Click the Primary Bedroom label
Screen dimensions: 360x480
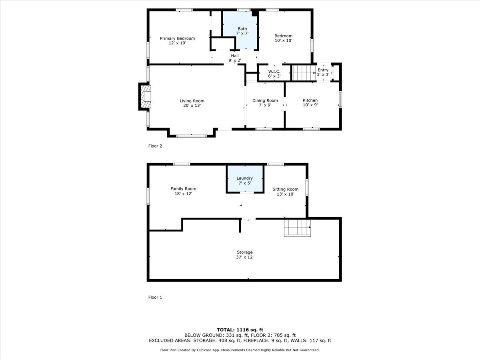coord(177,38)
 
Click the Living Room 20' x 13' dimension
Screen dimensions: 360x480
coord(192,106)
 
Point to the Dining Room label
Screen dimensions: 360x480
coord(265,100)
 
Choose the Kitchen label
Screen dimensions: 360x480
coord(310,100)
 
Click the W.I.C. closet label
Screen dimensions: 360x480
coord(274,71)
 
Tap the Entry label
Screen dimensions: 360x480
coord(323,70)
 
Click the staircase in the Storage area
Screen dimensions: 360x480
coord(297,228)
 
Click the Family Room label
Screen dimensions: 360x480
coord(183,189)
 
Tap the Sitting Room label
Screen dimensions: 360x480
coord(285,189)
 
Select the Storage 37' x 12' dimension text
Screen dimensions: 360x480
coord(244,257)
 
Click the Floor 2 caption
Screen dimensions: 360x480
coord(155,146)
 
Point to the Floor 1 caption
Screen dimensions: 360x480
coord(155,297)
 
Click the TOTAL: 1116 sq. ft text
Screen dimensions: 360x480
coord(240,329)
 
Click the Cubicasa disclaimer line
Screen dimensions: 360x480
coord(240,350)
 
